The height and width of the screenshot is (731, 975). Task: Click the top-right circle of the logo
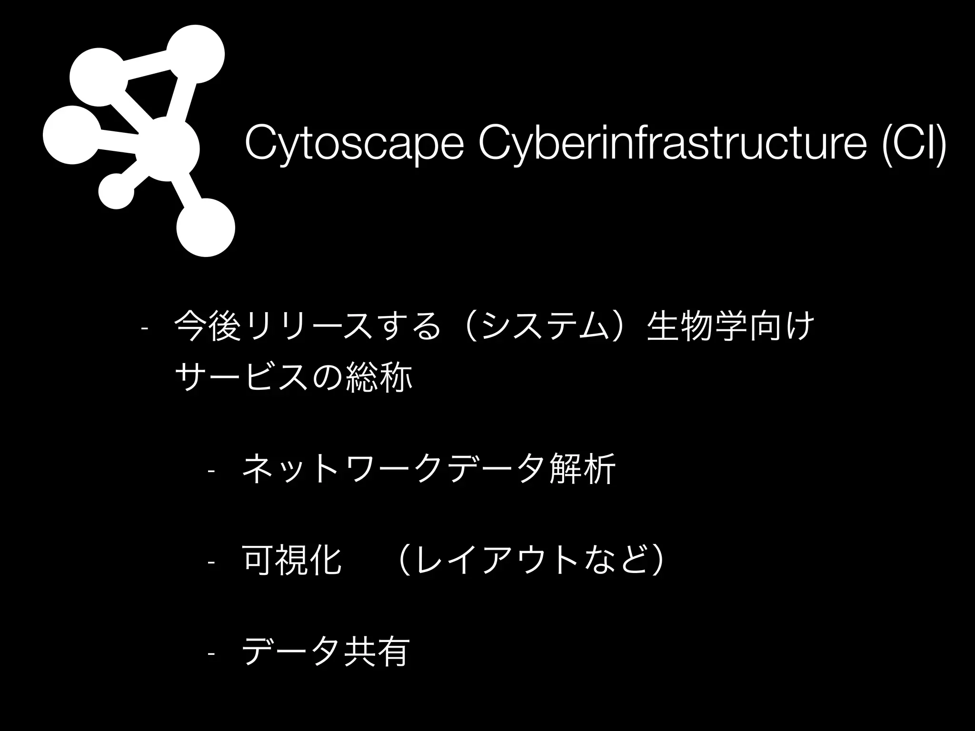coord(195,54)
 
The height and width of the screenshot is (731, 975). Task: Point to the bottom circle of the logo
coord(206,227)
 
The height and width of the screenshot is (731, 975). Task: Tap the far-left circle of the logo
coord(72,135)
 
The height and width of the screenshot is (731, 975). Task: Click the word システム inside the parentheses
coord(545,326)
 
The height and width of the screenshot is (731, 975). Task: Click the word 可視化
coord(292,560)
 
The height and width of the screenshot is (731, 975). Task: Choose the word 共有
coord(376,652)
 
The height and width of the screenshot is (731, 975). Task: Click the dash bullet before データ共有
coord(211,654)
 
